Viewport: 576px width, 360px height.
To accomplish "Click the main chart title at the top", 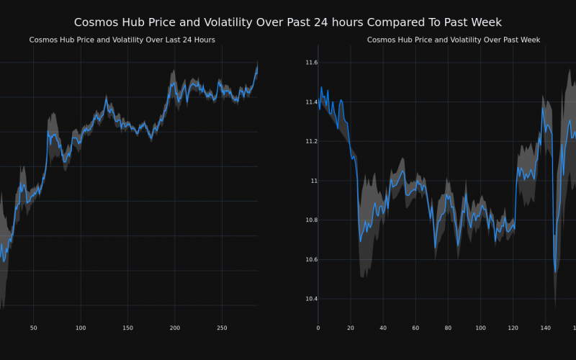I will (288, 22).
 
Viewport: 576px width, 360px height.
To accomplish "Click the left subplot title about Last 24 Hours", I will (122, 40).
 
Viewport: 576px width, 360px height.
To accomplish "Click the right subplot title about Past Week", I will (454, 40).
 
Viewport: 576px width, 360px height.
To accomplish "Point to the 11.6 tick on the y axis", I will (311, 63).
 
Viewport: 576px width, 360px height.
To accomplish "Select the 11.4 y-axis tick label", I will (311, 102).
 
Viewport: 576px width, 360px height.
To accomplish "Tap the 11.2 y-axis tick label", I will (311, 142).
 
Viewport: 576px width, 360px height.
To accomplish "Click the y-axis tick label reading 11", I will (314, 181).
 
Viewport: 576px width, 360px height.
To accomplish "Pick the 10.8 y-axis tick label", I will (311, 220).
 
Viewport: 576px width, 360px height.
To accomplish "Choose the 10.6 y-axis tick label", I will (311, 260).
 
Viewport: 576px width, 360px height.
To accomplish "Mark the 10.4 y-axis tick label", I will (311, 299).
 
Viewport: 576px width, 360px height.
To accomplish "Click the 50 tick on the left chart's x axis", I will (33, 328).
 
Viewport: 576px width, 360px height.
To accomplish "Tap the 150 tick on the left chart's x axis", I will (127, 328).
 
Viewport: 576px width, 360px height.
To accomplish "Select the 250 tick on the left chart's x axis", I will (222, 328).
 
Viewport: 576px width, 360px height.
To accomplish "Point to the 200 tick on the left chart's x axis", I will (175, 328).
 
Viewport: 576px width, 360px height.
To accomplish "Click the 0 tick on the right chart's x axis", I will (318, 328).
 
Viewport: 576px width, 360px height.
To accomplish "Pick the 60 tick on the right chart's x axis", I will (415, 328).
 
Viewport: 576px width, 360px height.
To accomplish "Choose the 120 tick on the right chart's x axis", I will (513, 328).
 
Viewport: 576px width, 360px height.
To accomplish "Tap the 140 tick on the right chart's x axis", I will (546, 328).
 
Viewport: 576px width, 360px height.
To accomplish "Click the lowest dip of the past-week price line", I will (555, 272).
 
